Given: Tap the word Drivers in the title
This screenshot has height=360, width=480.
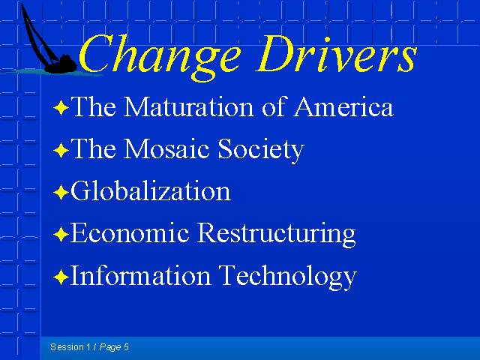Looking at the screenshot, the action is coord(336,53).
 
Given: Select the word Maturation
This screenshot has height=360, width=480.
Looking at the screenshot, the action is coord(188,106).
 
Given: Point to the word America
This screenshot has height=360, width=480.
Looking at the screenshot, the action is coord(343,106).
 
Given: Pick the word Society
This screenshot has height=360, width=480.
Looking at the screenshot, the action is coord(260,150).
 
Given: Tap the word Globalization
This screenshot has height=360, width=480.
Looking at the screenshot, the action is coord(150,190).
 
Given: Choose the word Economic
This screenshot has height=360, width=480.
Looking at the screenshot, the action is coord(130,232).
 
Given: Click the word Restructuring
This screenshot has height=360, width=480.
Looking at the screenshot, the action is coord(276,234).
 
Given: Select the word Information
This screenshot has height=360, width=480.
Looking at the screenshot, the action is coord(140,274).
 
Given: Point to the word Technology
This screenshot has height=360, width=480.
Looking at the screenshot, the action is coord(287,277).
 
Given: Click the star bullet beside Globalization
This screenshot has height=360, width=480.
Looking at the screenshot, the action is coord(61,193).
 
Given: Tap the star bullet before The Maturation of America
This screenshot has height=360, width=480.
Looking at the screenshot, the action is coord(61,108).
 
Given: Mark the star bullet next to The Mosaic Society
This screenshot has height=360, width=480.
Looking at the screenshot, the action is coord(61,150).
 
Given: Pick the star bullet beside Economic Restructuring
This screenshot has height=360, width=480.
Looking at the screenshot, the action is coord(61,235).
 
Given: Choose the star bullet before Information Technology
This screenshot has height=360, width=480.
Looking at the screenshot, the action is coord(61,277).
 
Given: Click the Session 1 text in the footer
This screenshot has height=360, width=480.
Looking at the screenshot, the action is coord(70,346).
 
